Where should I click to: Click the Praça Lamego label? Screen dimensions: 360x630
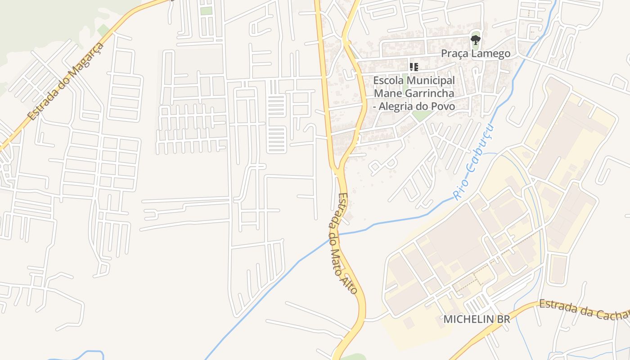[x=476, y=54]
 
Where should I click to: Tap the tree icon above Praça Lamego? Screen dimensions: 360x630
[x=476, y=40]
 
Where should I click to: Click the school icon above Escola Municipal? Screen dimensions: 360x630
[x=414, y=67]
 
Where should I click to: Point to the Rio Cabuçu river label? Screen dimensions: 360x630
[x=473, y=163]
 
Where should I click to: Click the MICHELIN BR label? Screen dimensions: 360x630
[x=477, y=319]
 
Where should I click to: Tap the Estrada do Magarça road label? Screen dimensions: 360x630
[x=65, y=81]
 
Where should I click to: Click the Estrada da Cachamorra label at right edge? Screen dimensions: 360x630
[x=584, y=310]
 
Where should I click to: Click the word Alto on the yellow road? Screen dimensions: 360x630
[x=351, y=282]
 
